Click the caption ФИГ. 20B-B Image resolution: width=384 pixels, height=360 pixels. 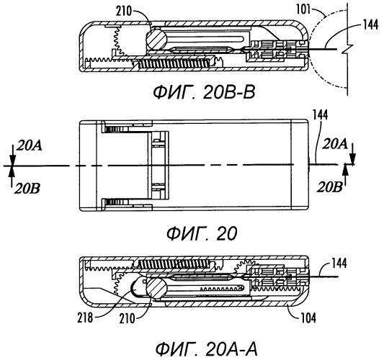pyautogui.click(x=204, y=92)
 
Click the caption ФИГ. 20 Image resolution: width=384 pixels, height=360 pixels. pyautogui.click(x=202, y=233)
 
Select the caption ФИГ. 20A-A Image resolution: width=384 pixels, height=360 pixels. pyautogui.click(x=207, y=349)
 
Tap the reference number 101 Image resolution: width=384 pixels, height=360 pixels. pyautogui.click(x=303, y=10)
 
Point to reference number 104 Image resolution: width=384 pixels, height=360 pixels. pyautogui.click(x=308, y=318)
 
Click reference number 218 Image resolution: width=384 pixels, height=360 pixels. pyautogui.click(x=85, y=318)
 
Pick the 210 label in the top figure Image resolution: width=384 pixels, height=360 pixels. pyautogui.click(x=123, y=12)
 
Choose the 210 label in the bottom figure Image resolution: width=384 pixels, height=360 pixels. pyautogui.click(x=127, y=319)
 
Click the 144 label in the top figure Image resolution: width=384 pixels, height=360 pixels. pyautogui.click(x=370, y=25)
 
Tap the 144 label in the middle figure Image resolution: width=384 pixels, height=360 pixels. pyautogui.click(x=320, y=115)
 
